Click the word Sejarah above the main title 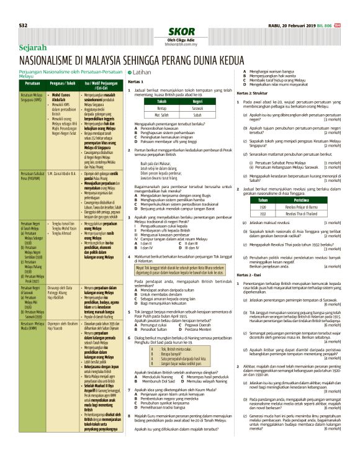coord(32,47)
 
